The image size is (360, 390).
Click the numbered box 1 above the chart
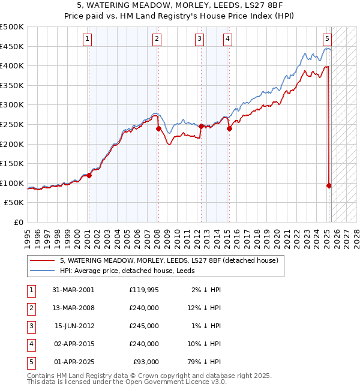(x=88, y=40)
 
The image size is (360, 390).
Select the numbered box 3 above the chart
(x=199, y=40)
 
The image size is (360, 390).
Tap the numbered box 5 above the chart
(x=327, y=40)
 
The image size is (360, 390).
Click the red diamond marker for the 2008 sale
(x=158, y=128)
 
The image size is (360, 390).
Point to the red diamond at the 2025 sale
(x=329, y=186)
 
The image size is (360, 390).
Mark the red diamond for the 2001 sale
(x=89, y=175)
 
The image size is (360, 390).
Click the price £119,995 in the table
(x=144, y=290)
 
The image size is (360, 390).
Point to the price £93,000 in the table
(x=145, y=362)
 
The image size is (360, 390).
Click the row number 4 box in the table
(x=31, y=344)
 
